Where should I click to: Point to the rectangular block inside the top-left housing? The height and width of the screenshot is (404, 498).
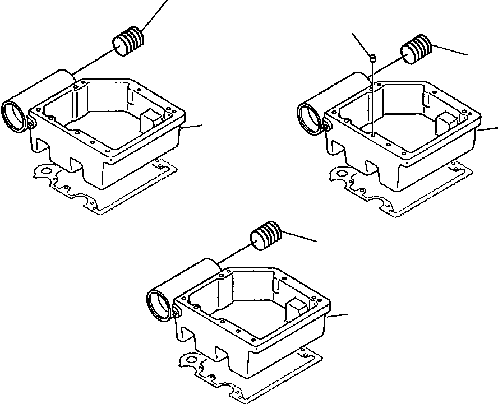[153, 119]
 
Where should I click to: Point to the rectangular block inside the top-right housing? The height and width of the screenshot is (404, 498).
[449, 122]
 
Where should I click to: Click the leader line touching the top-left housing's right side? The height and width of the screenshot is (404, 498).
[193, 126]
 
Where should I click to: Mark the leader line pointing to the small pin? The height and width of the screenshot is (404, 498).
[362, 43]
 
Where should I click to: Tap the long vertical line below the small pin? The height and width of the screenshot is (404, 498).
[372, 95]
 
